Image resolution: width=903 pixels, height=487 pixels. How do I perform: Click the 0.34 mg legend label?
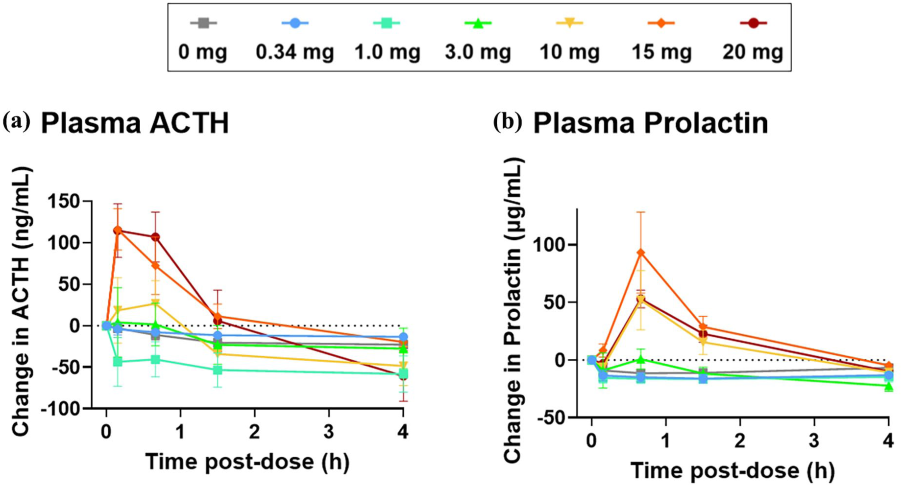pyautogui.click(x=294, y=52)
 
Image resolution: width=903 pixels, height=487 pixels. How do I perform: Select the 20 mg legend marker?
pyautogui.click(x=753, y=23)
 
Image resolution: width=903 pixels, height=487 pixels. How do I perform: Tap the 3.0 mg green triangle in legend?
pyautogui.click(x=478, y=23)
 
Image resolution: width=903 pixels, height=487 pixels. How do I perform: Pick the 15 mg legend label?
pyautogui.click(x=661, y=52)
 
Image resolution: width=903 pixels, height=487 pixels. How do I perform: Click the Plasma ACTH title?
pyautogui.click(x=135, y=123)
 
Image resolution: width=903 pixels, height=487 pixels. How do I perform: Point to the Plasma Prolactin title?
pyautogui.click(x=651, y=123)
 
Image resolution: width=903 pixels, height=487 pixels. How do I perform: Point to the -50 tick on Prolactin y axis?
pyautogui.click(x=554, y=417)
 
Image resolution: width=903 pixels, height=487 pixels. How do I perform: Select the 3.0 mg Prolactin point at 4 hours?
pyautogui.click(x=888, y=386)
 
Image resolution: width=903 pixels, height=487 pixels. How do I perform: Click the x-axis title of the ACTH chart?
pyautogui.click(x=247, y=462)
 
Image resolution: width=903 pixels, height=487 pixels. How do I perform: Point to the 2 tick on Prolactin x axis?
pyautogui.click(x=740, y=441)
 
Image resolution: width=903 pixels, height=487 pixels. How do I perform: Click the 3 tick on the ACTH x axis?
pyautogui.click(x=329, y=432)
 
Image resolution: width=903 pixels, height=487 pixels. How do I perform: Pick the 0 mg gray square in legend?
pyautogui.click(x=203, y=23)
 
